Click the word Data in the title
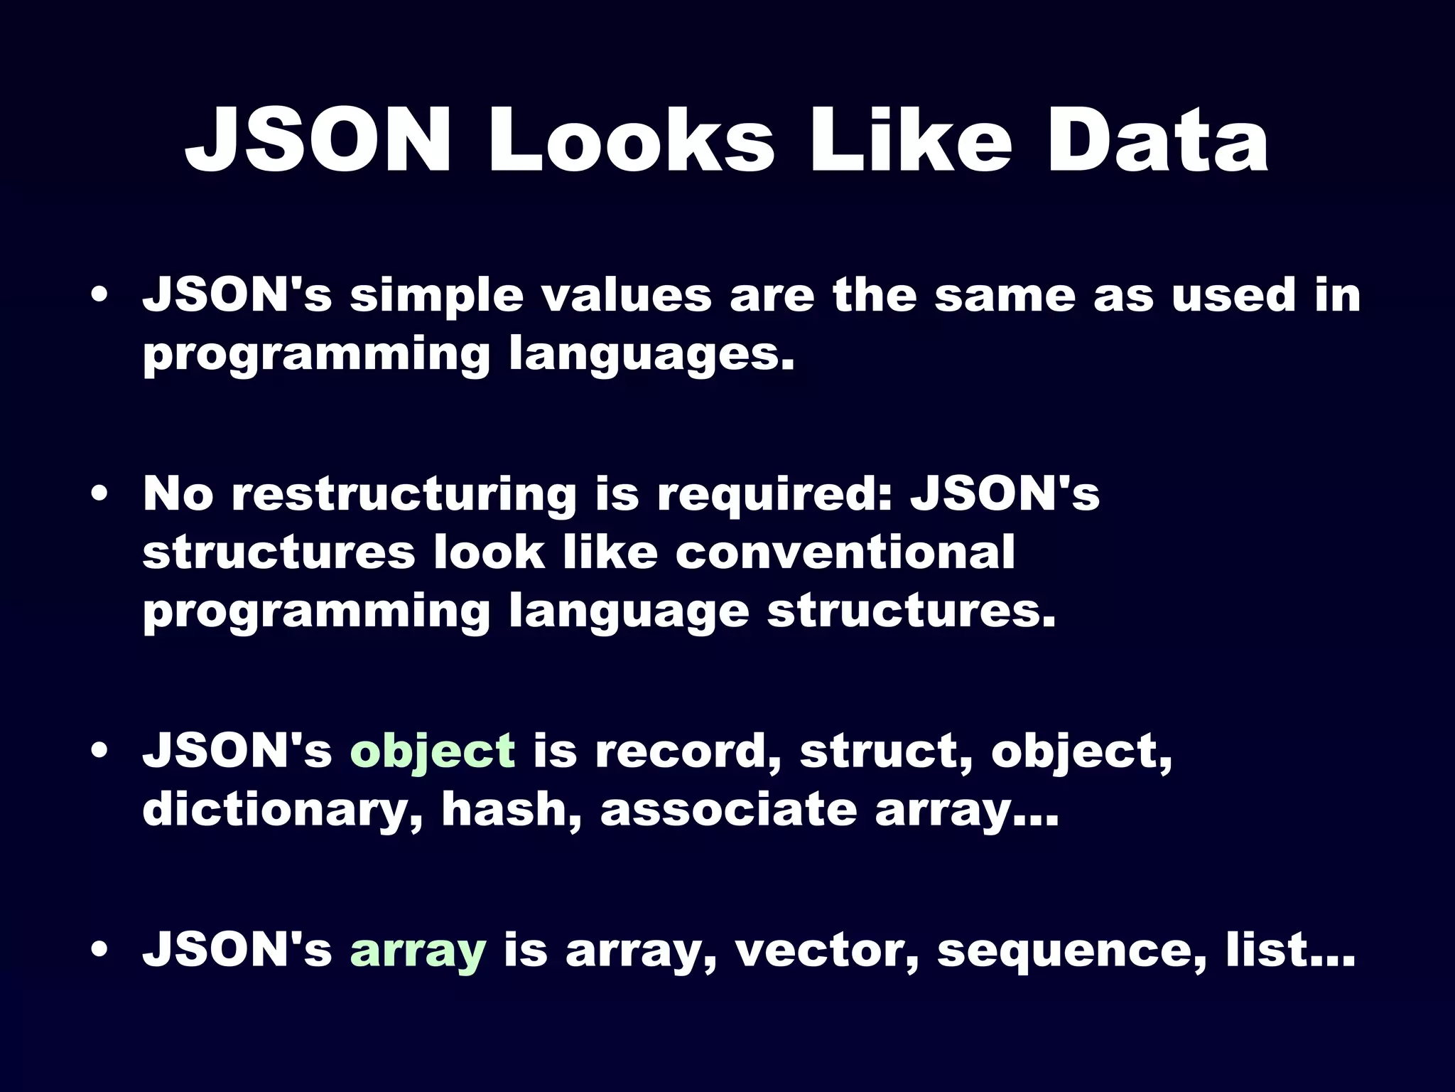click(1158, 140)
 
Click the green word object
click(433, 752)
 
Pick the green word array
click(418, 951)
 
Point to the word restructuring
click(404, 495)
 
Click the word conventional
click(845, 552)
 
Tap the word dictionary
click(283, 810)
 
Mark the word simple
click(436, 296)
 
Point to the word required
click(774, 495)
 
